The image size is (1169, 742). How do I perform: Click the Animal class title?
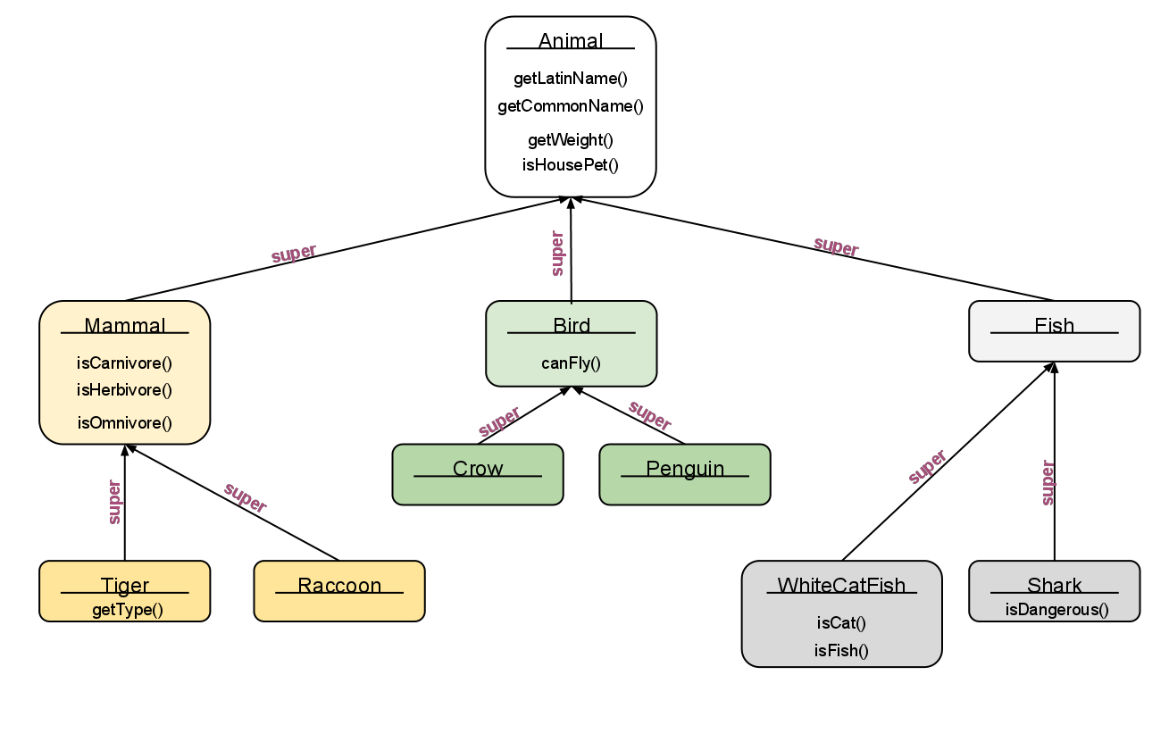pyautogui.click(x=571, y=41)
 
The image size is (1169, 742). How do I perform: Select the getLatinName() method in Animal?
pyautogui.click(x=571, y=79)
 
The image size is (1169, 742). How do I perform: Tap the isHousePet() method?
pyautogui.click(x=571, y=164)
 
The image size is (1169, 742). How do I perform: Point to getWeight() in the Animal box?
pyautogui.click(x=571, y=139)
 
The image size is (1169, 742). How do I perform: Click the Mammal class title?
pyautogui.click(x=125, y=326)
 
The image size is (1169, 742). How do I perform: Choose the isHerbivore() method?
pyautogui.click(x=124, y=389)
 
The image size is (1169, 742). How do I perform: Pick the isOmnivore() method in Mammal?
pyautogui.click(x=124, y=422)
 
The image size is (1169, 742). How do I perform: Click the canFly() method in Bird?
pyautogui.click(x=571, y=363)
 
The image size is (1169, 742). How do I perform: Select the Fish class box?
pyautogui.click(x=1054, y=330)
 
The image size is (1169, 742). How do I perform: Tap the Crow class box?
pyautogui.click(x=478, y=474)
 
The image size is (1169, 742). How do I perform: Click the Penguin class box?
pyautogui.click(x=685, y=474)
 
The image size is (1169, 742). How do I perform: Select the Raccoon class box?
pyautogui.click(x=339, y=590)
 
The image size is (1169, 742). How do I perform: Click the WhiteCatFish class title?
pyautogui.click(x=841, y=586)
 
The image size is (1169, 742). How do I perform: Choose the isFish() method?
pyautogui.click(x=841, y=650)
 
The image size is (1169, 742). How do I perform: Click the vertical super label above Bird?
pyautogui.click(x=558, y=254)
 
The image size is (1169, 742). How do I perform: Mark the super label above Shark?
pyautogui.click(x=1048, y=483)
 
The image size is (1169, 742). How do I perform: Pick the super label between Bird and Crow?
pyautogui.click(x=499, y=421)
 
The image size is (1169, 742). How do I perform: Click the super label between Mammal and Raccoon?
pyautogui.click(x=245, y=498)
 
